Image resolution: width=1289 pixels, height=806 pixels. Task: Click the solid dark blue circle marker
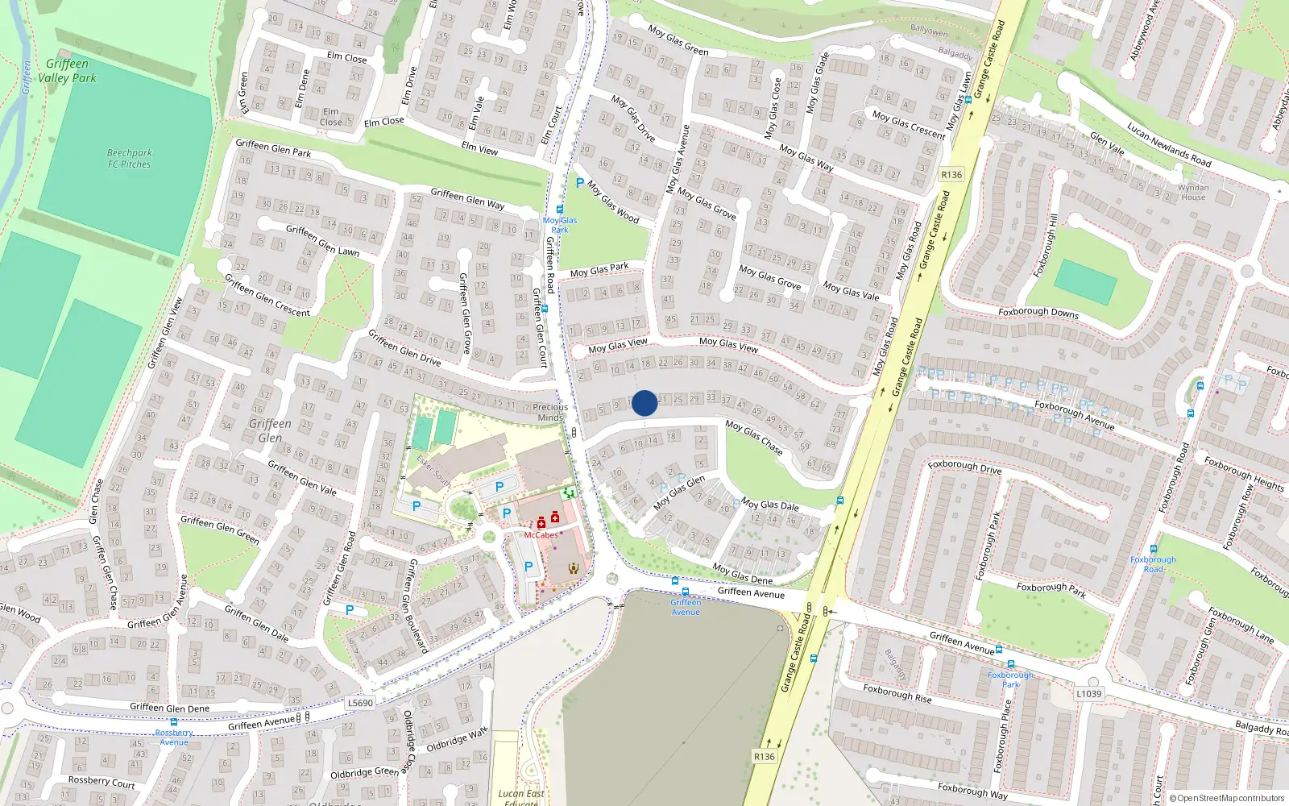[644, 403]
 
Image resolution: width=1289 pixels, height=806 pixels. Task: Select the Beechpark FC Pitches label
[129, 158]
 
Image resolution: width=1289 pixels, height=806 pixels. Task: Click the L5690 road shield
[360, 703]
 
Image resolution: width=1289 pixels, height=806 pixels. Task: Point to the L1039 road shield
[1088, 693]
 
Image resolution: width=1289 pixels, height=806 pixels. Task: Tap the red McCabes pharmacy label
[541, 535]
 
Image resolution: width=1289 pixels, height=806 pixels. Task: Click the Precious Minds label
[550, 412]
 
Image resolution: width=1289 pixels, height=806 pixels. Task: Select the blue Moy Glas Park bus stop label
[559, 225]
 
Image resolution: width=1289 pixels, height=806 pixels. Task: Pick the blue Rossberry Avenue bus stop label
[174, 737]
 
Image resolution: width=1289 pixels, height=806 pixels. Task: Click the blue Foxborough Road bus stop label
[1153, 564]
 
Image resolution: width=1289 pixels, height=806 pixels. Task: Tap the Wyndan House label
[1193, 193]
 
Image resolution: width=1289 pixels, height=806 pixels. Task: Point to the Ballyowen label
[929, 31]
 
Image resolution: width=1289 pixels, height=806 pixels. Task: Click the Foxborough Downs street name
[1038, 312]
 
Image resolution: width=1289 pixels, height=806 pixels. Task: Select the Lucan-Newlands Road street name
[1168, 144]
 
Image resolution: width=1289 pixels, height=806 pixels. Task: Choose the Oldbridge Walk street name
[457, 740]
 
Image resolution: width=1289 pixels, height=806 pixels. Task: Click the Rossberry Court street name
[102, 782]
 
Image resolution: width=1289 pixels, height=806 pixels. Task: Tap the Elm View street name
[479, 147]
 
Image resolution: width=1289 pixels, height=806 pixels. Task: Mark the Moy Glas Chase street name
[753, 436]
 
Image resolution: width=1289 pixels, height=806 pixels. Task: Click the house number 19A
[485, 666]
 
